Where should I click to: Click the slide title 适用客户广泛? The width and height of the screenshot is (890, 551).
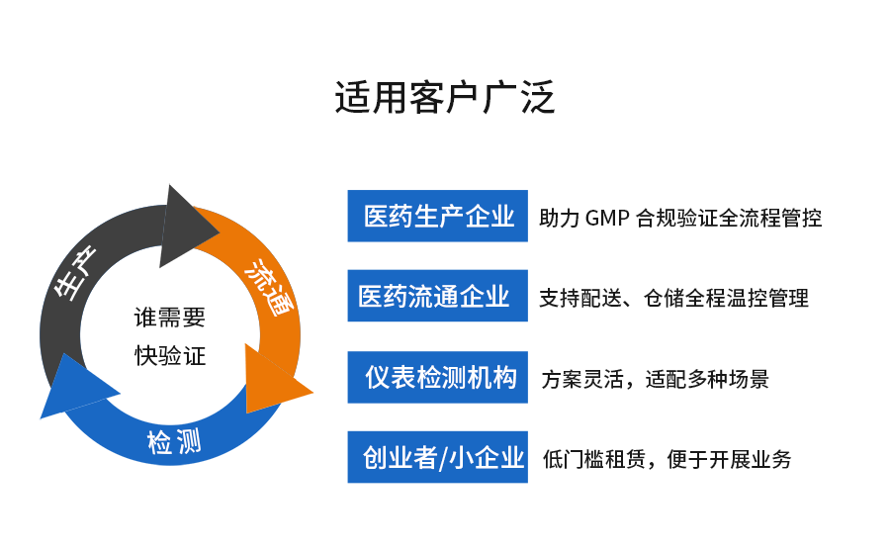pyautogui.click(x=444, y=99)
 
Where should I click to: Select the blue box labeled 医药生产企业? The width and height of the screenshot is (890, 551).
pyautogui.click(x=437, y=216)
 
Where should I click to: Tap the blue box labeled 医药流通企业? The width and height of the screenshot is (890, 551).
pyautogui.click(x=437, y=296)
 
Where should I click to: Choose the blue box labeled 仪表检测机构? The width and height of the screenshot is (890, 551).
pyautogui.click(x=437, y=377)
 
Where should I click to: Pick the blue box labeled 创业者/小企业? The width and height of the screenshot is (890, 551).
pyautogui.click(x=437, y=457)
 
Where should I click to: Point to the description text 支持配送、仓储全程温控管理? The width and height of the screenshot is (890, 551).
pyautogui.click(x=673, y=298)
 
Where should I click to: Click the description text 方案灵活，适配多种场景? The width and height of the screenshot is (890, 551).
pyautogui.click(x=655, y=379)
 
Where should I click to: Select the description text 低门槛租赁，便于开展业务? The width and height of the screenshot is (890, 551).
pyautogui.click(x=667, y=459)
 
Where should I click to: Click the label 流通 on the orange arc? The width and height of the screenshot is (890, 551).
pyautogui.click(x=268, y=286)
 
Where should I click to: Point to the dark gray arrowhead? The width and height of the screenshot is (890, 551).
pyautogui.click(x=186, y=227)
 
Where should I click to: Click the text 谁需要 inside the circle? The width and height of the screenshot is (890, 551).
pyautogui.click(x=170, y=318)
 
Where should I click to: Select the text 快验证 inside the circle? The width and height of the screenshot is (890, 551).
pyautogui.click(x=170, y=355)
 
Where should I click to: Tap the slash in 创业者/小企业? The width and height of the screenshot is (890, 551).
pyautogui.click(x=442, y=457)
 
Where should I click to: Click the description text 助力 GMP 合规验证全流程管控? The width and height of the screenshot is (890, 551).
pyautogui.click(x=680, y=218)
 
